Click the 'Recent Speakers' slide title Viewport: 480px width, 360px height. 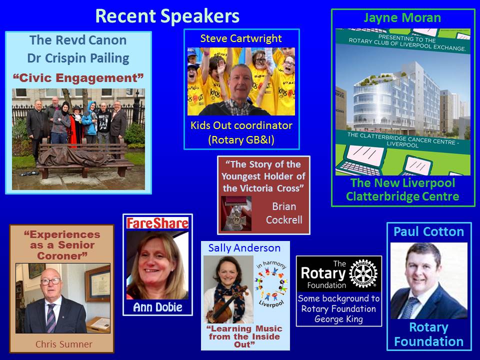pos(167,16)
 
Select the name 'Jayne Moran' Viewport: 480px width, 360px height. pos(402,18)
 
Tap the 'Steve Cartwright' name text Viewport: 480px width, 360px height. pos(241,38)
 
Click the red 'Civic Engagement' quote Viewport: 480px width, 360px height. pos(78,78)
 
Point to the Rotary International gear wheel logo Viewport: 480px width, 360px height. pos(363,273)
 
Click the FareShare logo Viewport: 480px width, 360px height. pos(157,223)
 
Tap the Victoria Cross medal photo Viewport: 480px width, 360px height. pos(236,213)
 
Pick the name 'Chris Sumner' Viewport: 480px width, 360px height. pos(63,344)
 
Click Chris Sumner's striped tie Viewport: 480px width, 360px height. pos(51,318)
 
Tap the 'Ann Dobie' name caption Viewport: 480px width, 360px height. pos(157,307)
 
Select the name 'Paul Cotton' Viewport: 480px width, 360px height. pos(428,231)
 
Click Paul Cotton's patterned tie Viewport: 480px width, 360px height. pos(410,307)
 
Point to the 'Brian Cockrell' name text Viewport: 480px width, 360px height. pos(284,213)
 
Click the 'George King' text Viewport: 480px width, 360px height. pos(338,319)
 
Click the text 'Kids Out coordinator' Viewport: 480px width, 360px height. pos(241,125)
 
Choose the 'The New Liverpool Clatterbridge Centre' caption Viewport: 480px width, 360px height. pos(402,189)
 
